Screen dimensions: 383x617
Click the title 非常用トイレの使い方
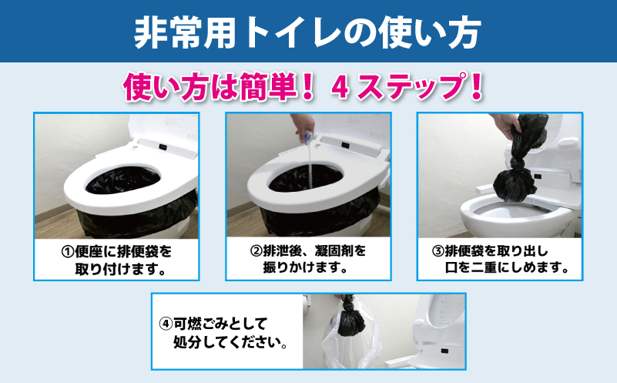click(308, 32)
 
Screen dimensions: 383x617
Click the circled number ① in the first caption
click(66, 252)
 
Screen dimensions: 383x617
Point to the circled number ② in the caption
click(257, 252)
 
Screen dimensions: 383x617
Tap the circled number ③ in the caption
click(438, 252)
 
